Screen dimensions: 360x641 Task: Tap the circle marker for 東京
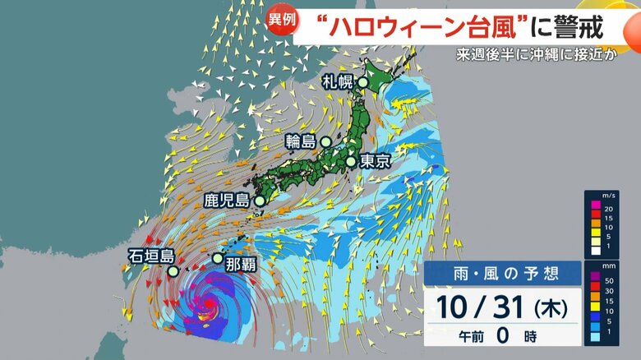(x=351, y=162)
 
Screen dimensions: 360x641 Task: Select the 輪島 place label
(x=301, y=141)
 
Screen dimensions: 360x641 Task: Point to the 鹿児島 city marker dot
(x=260, y=201)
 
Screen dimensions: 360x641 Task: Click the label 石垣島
(x=150, y=256)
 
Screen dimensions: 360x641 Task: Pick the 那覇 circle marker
(x=218, y=258)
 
